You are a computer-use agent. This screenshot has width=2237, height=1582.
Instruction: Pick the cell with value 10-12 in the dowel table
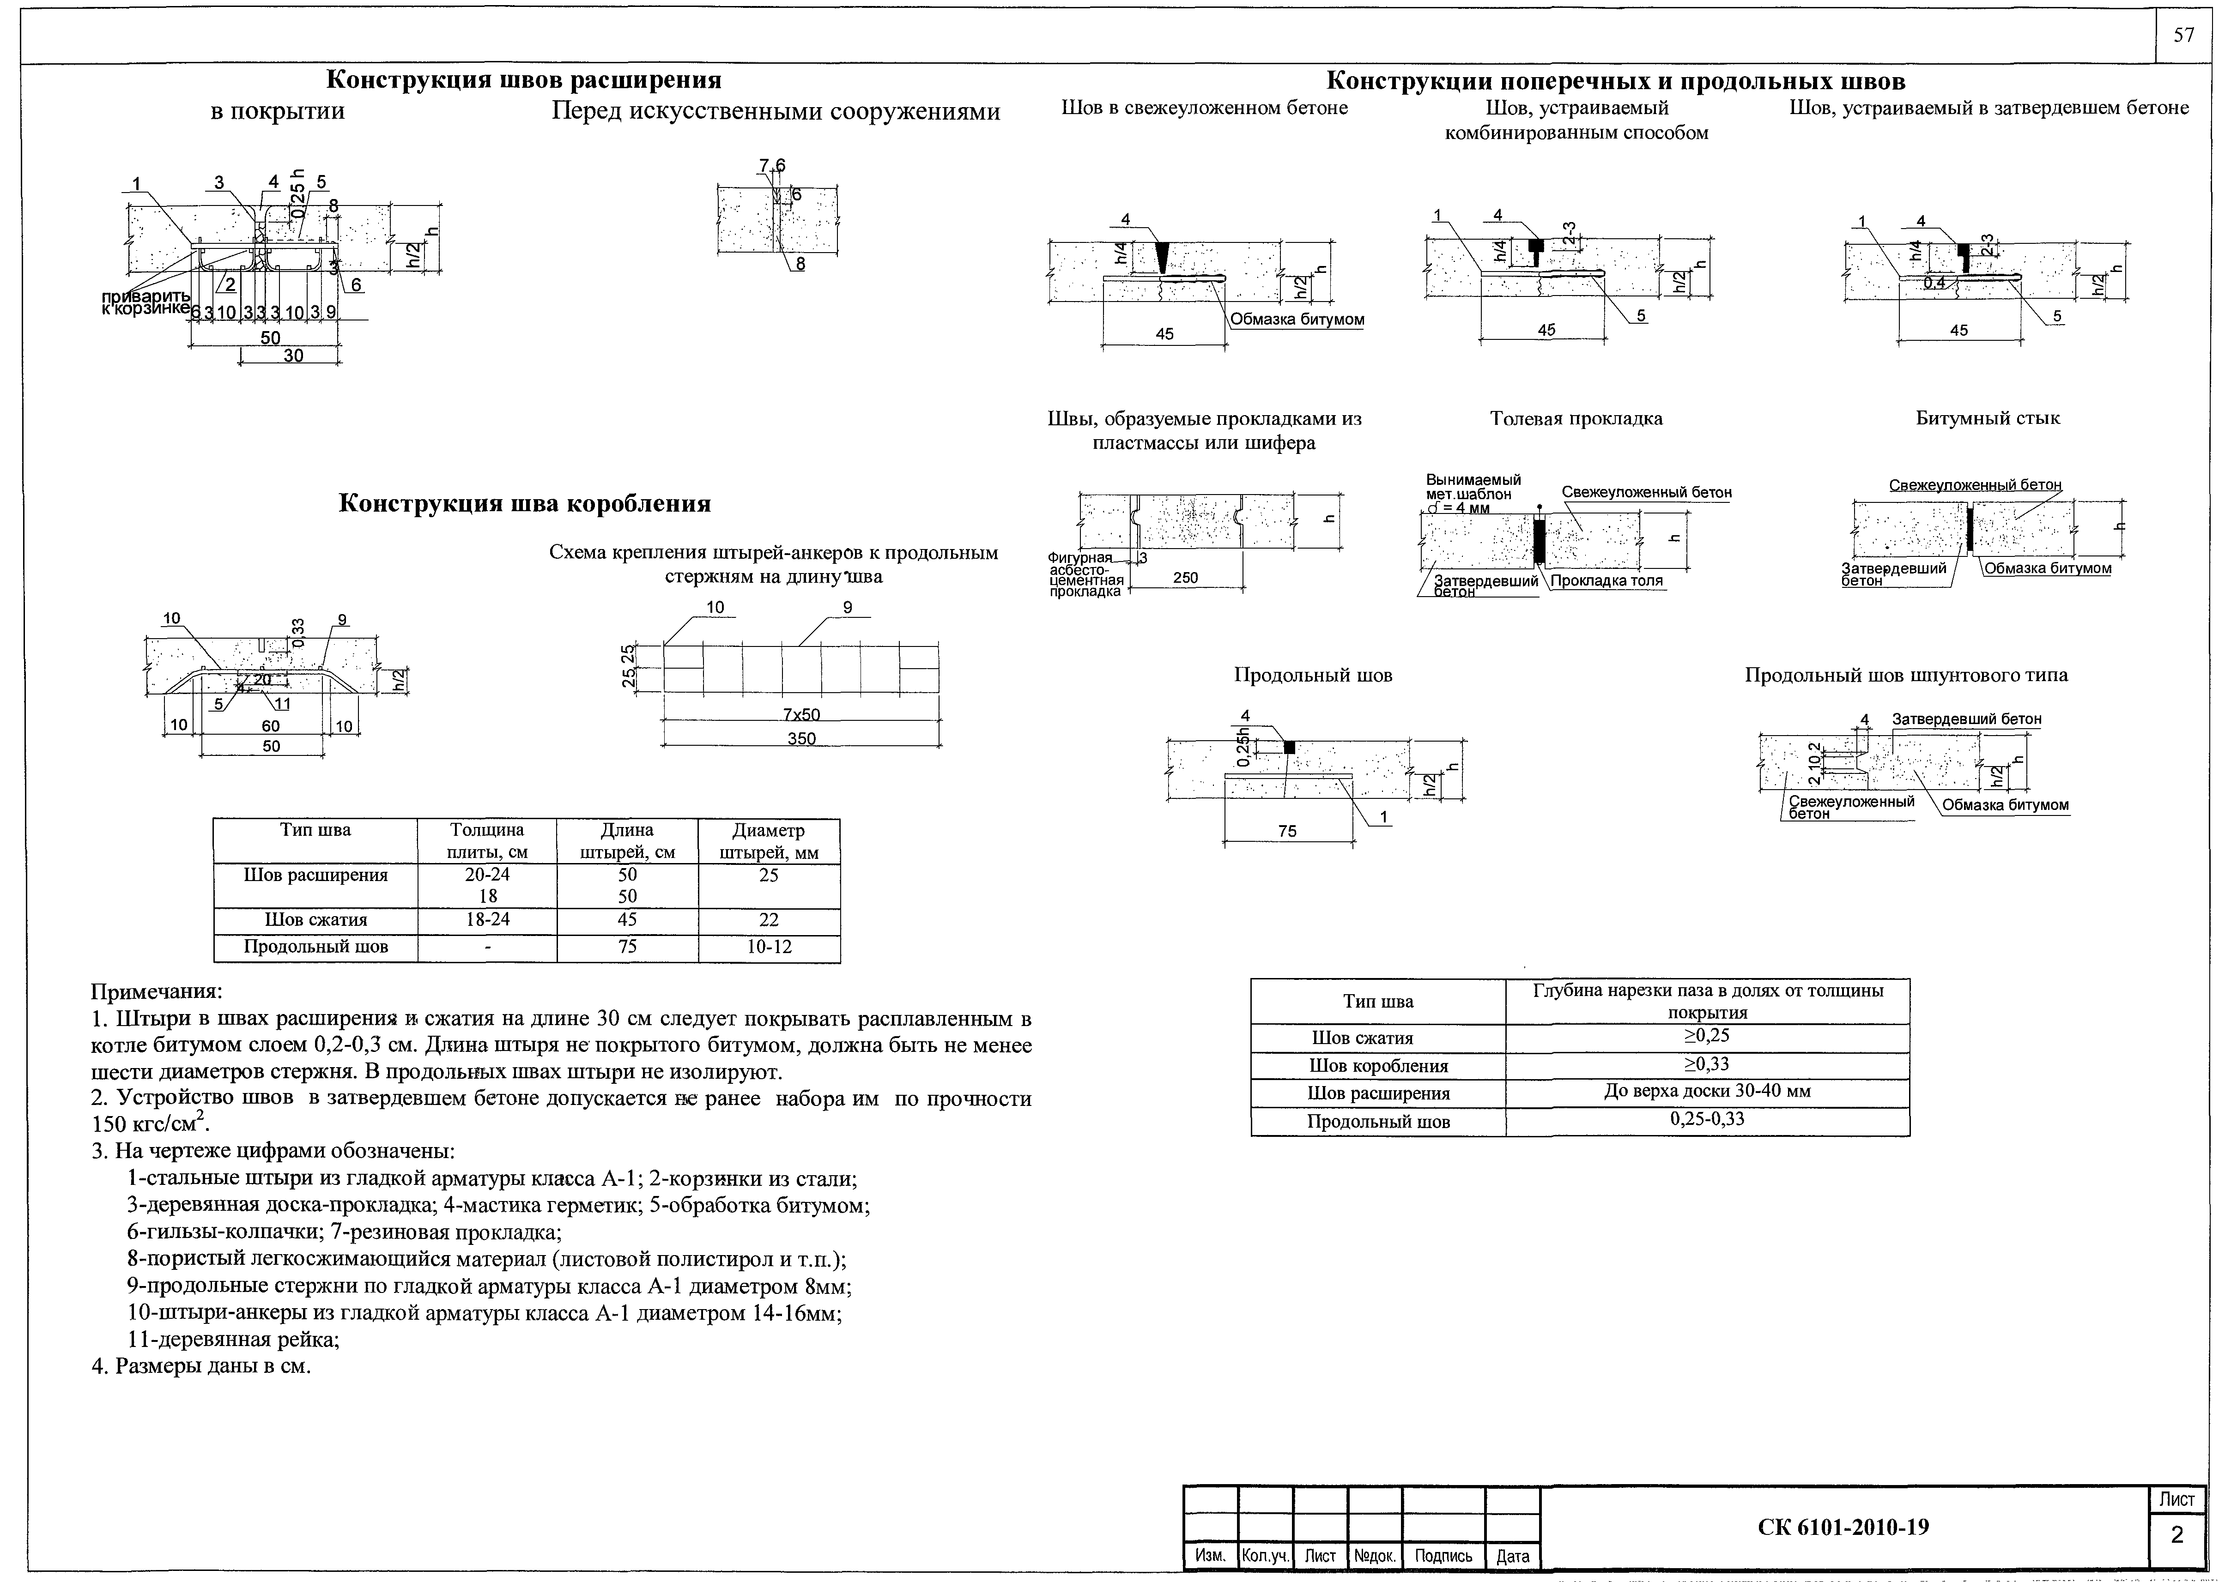tap(769, 946)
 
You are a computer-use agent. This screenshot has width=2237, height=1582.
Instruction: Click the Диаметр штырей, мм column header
tap(769, 842)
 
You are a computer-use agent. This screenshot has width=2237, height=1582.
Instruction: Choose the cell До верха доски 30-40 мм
tap(1707, 1091)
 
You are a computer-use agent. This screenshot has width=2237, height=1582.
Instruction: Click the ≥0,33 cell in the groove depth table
tap(1707, 1064)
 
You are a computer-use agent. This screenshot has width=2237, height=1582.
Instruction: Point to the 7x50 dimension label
tap(801, 714)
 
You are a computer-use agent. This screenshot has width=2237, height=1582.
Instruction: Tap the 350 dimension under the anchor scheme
tap(801, 738)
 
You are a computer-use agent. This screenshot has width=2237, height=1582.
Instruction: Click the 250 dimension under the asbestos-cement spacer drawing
tap(1186, 578)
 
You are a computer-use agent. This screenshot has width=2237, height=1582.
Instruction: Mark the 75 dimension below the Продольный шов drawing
tap(1287, 831)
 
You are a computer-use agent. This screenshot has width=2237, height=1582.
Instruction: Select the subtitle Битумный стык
tap(1988, 418)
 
